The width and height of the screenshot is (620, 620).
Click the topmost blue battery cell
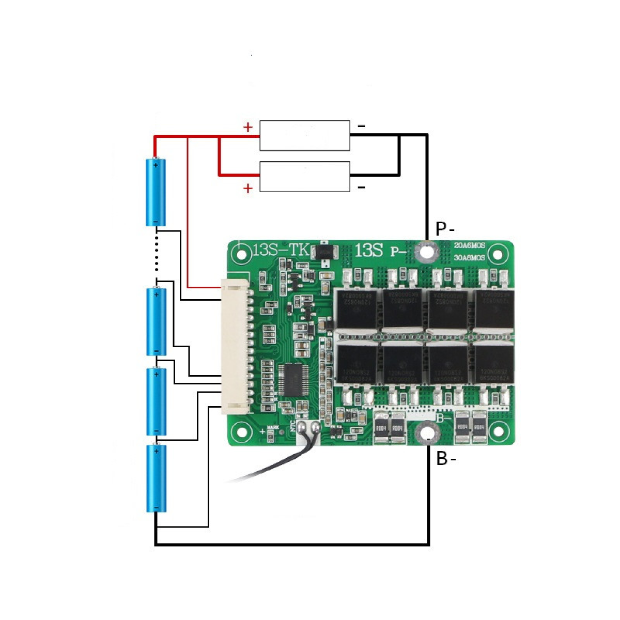click(x=156, y=192)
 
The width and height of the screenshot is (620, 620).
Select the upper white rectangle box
click(x=304, y=135)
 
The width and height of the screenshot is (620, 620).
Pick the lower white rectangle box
click(x=304, y=177)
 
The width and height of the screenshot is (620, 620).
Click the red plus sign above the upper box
click(x=248, y=127)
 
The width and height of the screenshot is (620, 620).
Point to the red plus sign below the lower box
click(x=248, y=189)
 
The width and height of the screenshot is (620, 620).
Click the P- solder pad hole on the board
click(x=427, y=252)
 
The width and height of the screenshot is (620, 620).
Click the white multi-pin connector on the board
click(x=235, y=347)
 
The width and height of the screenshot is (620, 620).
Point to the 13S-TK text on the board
click(x=280, y=251)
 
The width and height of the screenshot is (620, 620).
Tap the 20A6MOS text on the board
click(x=470, y=245)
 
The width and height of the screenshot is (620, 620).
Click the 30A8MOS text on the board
click(x=470, y=257)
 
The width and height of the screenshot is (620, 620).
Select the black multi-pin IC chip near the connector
click(x=293, y=380)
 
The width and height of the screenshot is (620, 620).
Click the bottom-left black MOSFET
click(x=357, y=364)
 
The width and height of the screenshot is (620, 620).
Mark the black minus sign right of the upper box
click(x=362, y=126)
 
